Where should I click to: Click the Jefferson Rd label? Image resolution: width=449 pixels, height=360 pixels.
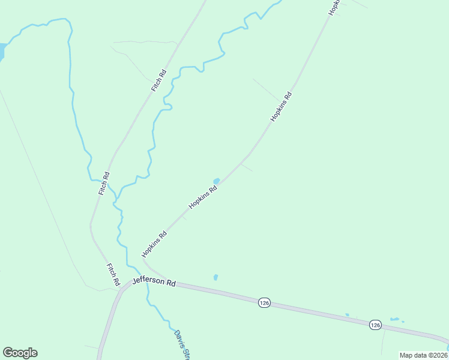pyautogui.click(x=154, y=281)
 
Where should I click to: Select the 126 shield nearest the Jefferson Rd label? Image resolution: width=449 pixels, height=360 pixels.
pyautogui.click(x=264, y=303)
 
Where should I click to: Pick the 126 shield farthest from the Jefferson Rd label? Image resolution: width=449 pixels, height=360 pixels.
pyautogui.click(x=375, y=325)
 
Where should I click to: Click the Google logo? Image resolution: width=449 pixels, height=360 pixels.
pyautogui.click(x=20, y=353)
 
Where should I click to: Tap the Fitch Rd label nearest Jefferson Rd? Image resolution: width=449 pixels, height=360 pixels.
pyautogui.click(x=113, y=274)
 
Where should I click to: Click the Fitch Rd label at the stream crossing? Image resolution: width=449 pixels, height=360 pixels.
pyautogui.click(x=105, y=183)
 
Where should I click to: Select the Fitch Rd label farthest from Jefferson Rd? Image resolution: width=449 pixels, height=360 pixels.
pyautogui.click(x=158, y=81)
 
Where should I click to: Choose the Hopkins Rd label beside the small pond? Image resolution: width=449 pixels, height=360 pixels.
pyautogui.click(x=202, y=196)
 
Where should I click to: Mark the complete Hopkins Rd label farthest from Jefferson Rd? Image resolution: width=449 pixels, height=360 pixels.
pyautogui.click(x=281, y=107)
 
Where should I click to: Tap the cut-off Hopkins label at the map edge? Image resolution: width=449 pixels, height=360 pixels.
pyautogui.click(x=334, y=7)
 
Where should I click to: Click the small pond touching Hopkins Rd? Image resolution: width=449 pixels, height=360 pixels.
pyautogui.click(x=216, y=181)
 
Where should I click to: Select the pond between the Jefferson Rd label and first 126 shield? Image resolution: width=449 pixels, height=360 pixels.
pyautogui.click(x=215, y=277)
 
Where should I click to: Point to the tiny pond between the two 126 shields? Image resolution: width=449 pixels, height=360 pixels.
pyautogui.click(x=347, y=315)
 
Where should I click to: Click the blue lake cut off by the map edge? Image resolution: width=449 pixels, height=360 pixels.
pyautogui.click(x=2, y=51)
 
